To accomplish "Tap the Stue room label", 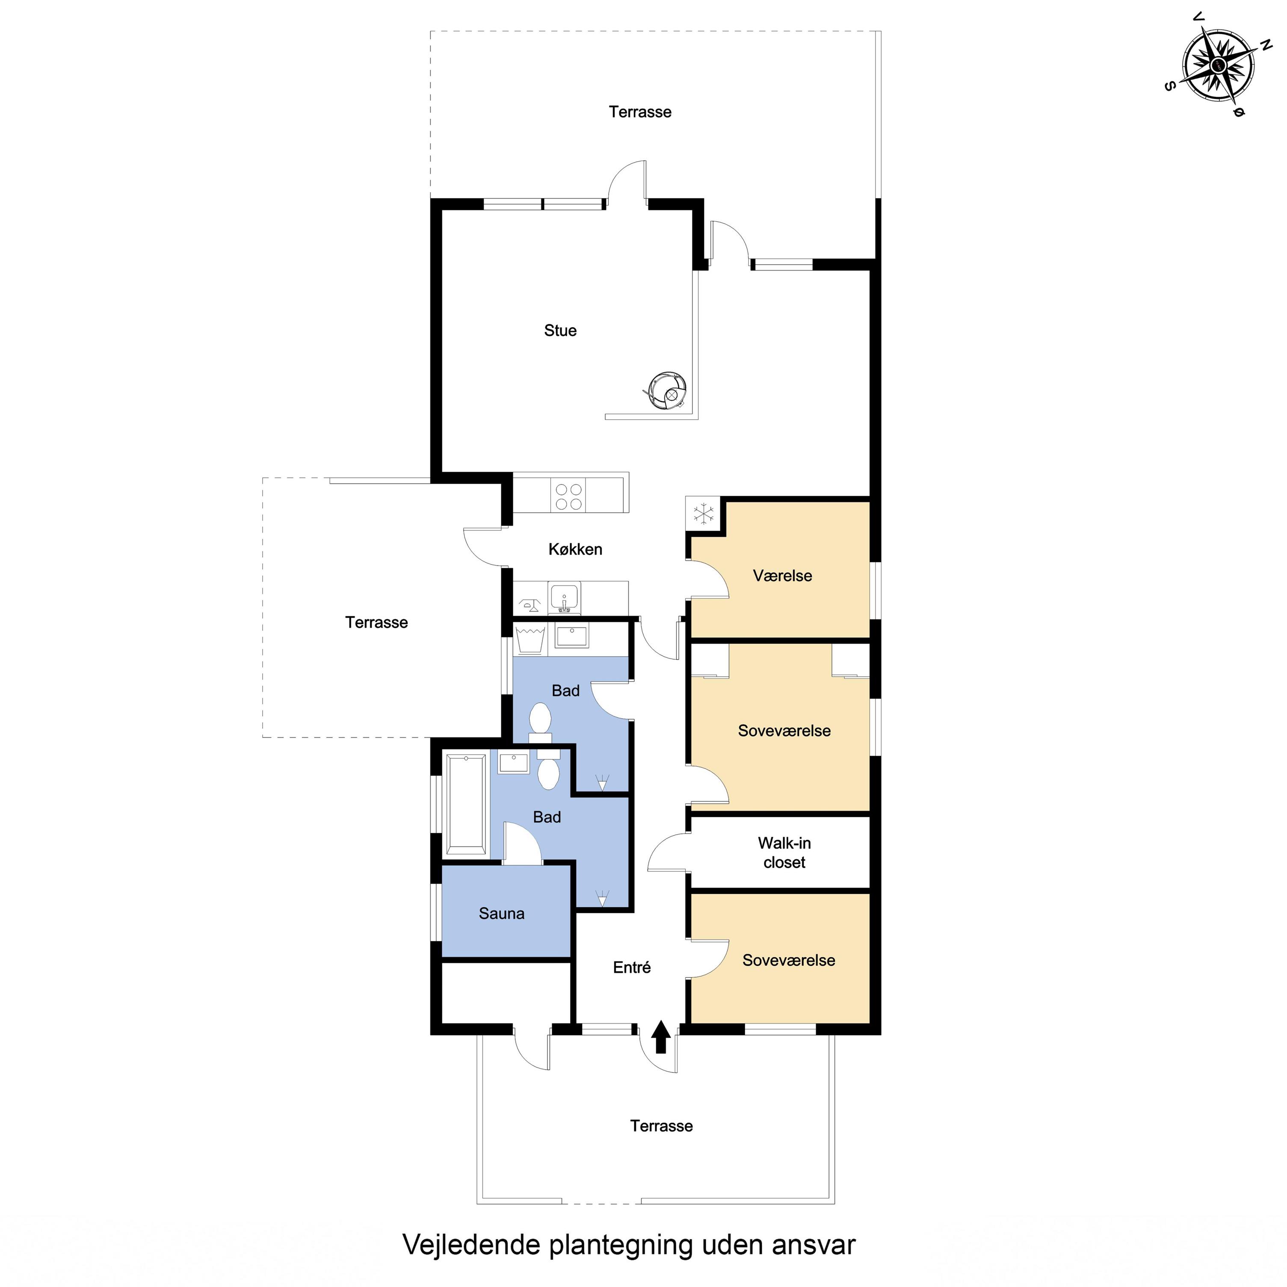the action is [x=560, y=330].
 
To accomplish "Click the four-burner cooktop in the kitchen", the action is [x=568, y=496].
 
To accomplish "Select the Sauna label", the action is [x=502, y=913].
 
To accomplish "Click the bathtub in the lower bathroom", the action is [x=466, y=804].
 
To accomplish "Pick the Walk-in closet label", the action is [x=784, y=853].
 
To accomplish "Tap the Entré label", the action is [x=631, y=967].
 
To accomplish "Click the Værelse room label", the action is [x=783, y=576].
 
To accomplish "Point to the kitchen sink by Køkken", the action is [x=564, y=598].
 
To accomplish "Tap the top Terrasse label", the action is [x=640, y=112].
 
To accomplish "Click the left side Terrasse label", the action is [x=376, y=622].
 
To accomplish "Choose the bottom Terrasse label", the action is [x=662, y=1126].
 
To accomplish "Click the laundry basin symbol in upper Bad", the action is [x=531, y=639].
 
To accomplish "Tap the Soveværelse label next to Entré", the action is [x=789, y=960].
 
